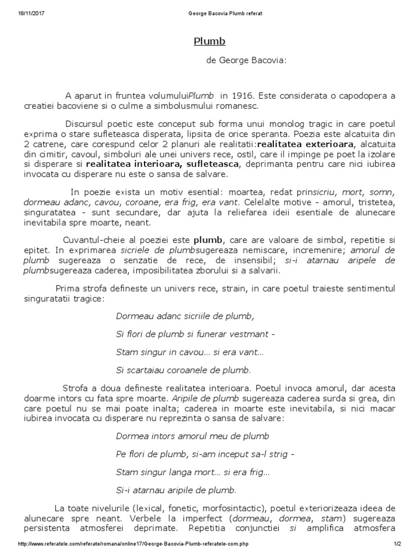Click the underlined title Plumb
209,42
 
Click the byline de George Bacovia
246,61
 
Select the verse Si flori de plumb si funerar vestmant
195,334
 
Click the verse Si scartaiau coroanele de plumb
183,370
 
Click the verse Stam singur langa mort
193,473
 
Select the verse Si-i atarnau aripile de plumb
176,491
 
